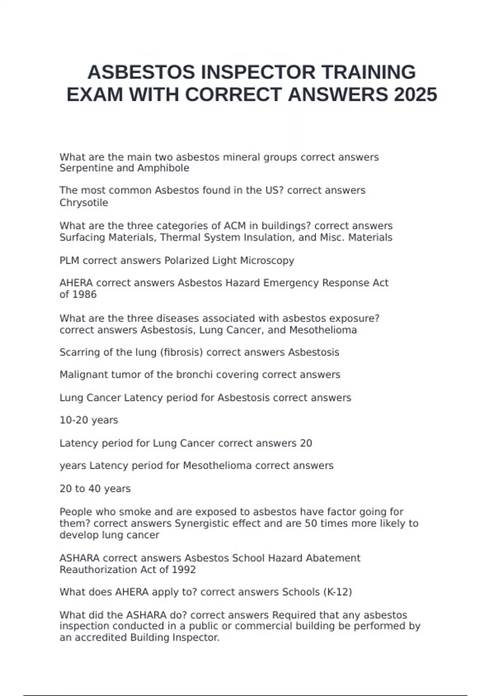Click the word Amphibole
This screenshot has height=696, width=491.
click(163, 168)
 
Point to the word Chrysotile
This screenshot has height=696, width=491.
click(84, 203)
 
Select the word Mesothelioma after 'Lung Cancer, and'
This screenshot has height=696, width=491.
click(323, 330)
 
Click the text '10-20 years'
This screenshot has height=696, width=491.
click(89, 420)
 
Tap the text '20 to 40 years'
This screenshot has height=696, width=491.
click(95, 488)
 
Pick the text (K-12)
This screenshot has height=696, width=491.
click(338, 592)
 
